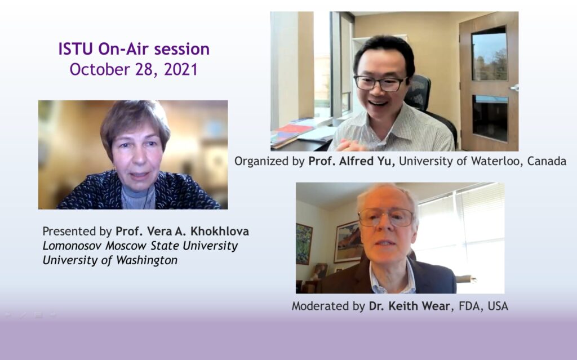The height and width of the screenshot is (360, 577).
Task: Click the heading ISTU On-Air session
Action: pos(134,49)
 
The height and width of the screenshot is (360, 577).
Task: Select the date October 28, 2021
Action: pos(134,69)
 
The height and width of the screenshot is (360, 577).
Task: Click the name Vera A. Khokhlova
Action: pos(198,231)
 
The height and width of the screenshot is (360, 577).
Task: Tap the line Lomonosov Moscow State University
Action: pos(140,246)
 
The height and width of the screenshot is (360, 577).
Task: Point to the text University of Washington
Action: pos(110,260)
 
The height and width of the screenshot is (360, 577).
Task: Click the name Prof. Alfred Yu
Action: pos(352,161)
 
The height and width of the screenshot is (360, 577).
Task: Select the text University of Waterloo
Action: pos(460,161)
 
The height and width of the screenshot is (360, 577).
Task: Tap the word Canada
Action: pos(547,161)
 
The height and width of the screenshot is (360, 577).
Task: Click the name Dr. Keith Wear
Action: pos(410,306)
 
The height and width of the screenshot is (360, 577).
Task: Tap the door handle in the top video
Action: pos(514,88)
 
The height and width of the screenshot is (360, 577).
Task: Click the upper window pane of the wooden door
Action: pos(490,54)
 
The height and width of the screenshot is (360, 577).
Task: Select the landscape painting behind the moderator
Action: pos(348,242)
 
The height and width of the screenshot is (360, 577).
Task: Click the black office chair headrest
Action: pos(418,92)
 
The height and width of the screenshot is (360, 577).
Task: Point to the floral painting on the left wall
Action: pos(304,244)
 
